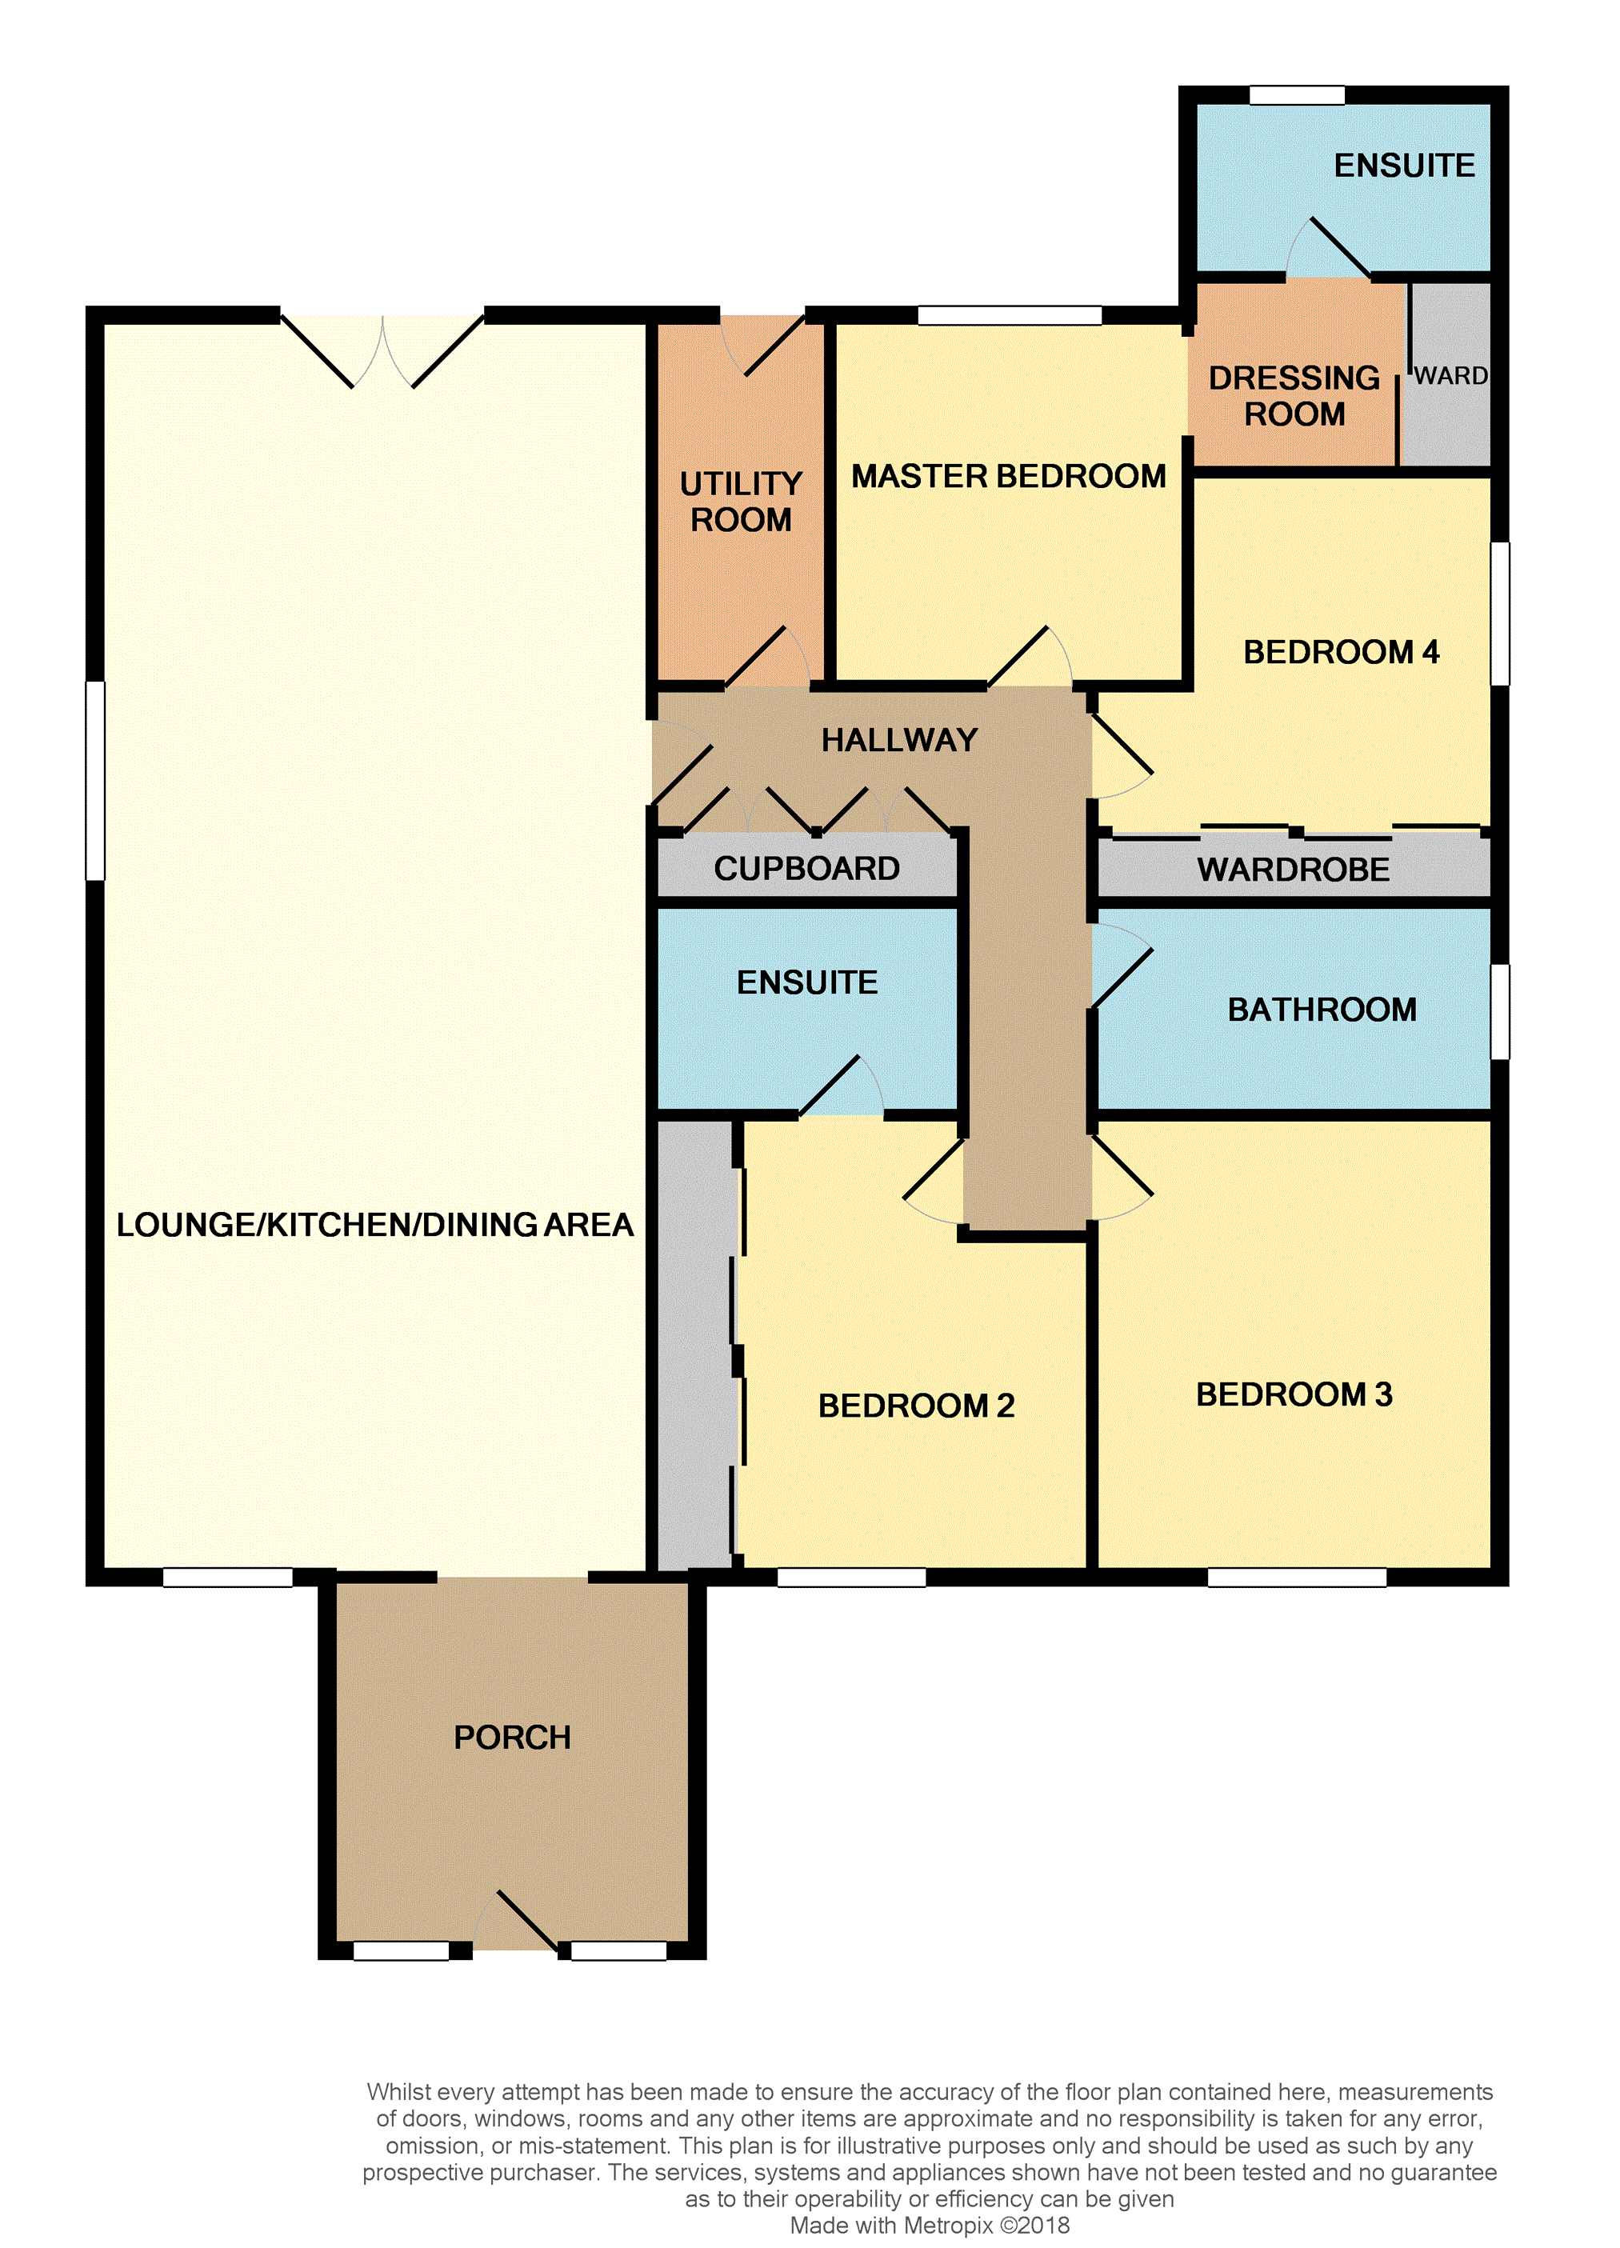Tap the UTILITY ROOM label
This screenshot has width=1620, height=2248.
tap(741, 502)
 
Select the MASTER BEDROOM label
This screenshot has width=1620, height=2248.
tap(1008, 477)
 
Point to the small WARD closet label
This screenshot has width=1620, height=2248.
tap(1450, 376)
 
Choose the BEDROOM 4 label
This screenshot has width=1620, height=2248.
tap(1341, 652)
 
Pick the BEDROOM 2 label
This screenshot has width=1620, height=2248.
tap(916, 1406)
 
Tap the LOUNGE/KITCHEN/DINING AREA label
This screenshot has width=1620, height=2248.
tap(374, 1225)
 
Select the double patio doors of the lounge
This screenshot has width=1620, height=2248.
tap(382, 350)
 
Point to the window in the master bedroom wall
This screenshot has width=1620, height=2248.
tap(1010, 315)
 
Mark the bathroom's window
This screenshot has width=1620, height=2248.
tap(1500, 1011)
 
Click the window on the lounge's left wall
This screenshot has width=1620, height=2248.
tap(95, 780)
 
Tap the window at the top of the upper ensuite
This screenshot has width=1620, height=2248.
tap(1296, 95)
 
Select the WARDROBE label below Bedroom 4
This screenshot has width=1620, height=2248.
tap(1293, 870)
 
